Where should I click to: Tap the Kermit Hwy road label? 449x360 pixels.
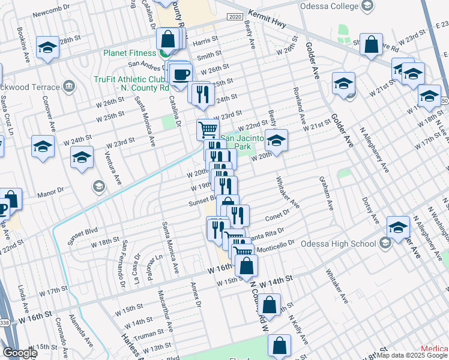tap(267, 13)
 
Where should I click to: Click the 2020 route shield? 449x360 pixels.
tap(235, 17)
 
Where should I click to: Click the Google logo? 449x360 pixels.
tap(19, 353)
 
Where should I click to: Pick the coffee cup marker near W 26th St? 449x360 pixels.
tap(181, 75)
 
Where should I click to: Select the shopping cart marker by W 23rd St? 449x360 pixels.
tap(208, 128)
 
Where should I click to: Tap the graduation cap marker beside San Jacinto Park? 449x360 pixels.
tap(276, 142)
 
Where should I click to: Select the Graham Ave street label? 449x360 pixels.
tap(328, 193)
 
